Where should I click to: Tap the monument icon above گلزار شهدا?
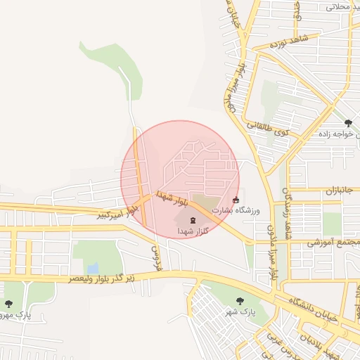click(x=193, y=220)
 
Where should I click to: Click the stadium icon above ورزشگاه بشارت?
click(x=235, y=200)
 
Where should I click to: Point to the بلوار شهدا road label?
click(x=173, y=198)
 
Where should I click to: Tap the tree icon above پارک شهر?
click(x=240, y=300)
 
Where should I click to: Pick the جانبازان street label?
click(x=341, y=190)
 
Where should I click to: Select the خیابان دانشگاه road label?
click(x=316, y=309)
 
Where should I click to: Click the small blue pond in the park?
click(x=93, y=268)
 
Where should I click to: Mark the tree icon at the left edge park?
click(x=8, y=304)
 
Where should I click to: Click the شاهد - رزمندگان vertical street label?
click(x=286, y=204)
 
